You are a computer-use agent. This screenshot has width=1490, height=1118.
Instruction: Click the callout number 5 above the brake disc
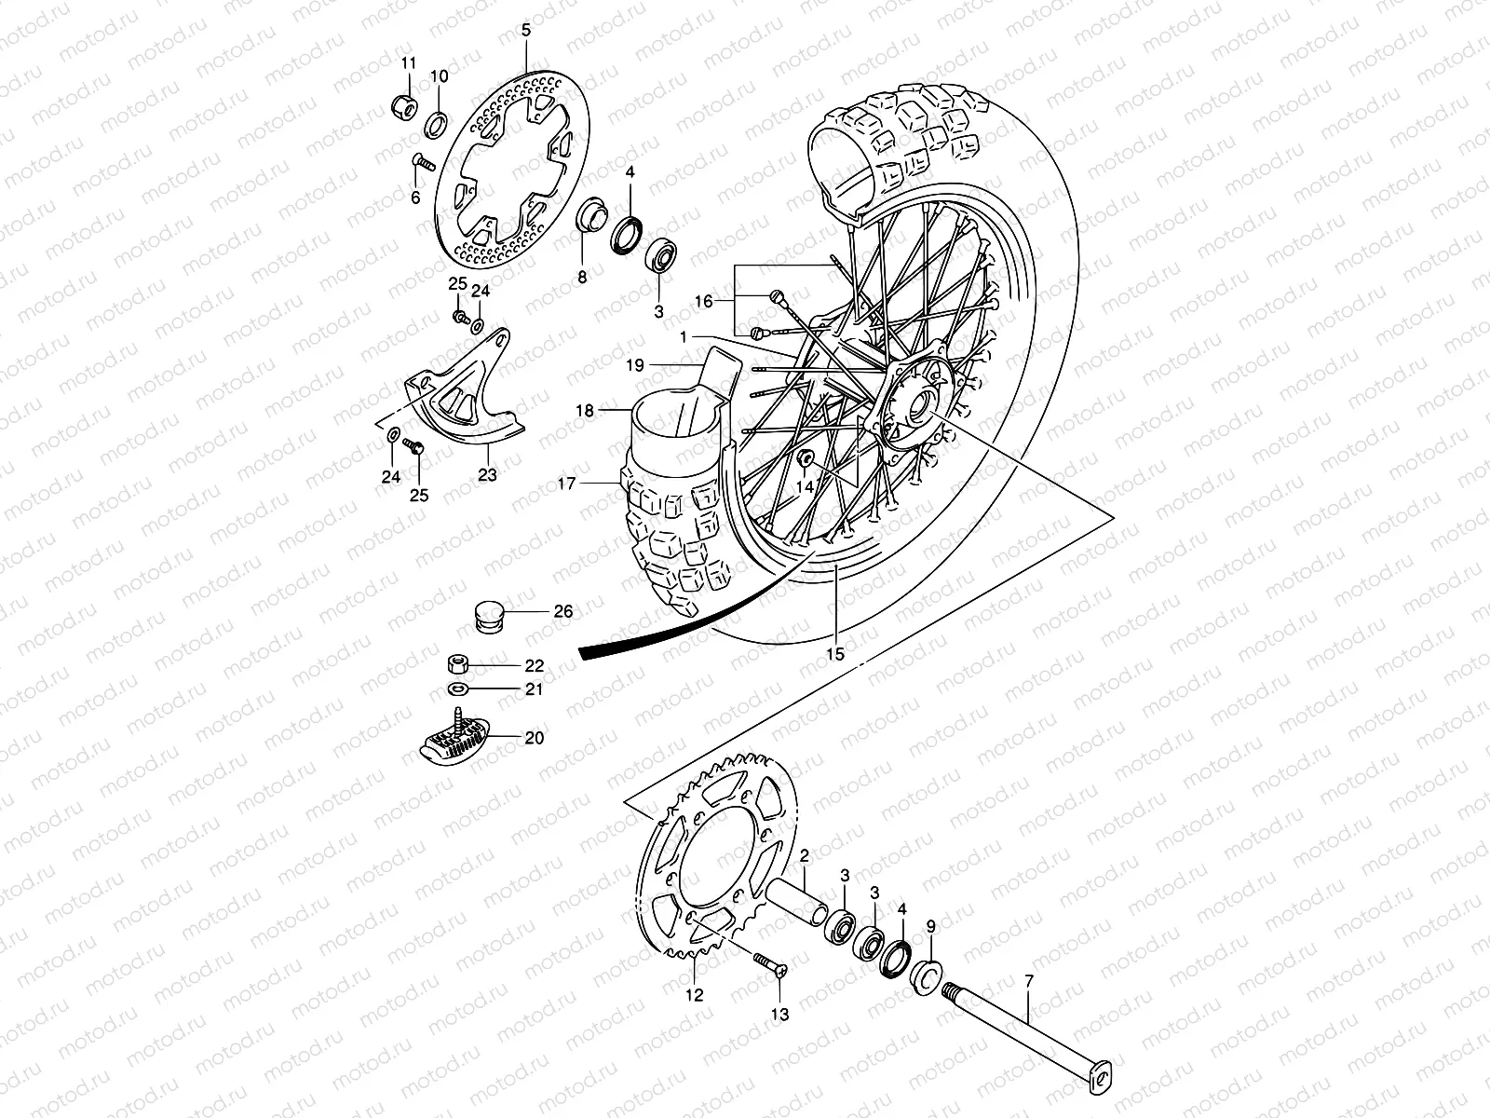[526, 31]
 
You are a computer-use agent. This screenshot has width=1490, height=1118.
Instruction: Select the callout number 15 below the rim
[835, 655]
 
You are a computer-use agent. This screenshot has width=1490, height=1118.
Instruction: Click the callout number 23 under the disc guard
[488, 474]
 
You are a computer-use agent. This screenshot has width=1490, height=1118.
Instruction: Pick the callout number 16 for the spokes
[704, 301]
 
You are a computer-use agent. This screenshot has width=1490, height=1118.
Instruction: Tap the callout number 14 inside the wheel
[804, 485]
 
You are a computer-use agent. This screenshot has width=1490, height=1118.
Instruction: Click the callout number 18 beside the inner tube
[584, 410]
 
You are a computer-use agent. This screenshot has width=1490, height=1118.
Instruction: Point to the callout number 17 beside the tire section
[568, 483]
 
